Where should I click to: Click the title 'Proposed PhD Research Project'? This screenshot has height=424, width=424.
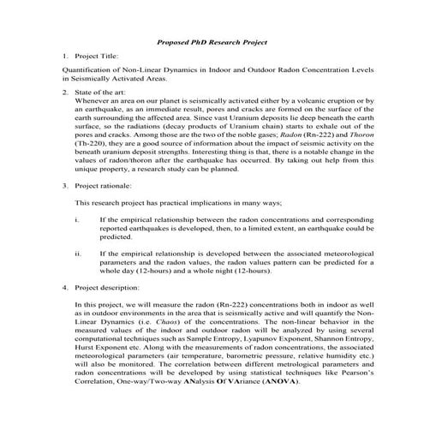tap(212, 41)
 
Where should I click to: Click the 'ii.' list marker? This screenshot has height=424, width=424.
tap(79, 254)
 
